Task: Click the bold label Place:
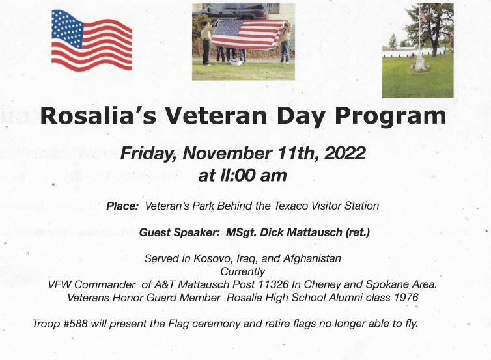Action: pos(122,206)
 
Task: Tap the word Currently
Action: pos(243,271)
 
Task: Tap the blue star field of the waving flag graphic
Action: pos(68,28)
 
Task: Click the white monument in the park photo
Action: pos(419,62)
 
